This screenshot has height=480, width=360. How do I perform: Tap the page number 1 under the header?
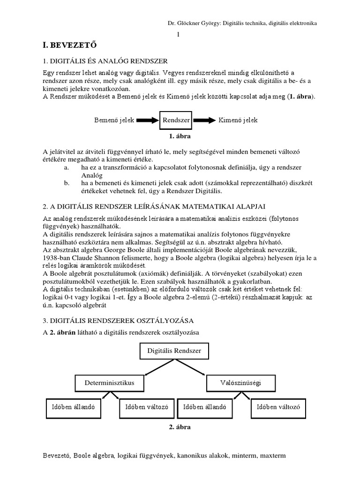pyautogui.click(x=178, y=35)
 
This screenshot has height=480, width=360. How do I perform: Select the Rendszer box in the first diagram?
pyautogui.click(x=176, y=120)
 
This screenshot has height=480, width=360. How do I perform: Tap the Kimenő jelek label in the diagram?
pyautogui.click(x=238, y=120)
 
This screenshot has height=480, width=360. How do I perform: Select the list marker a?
pyautogui.click(x=67, y=168)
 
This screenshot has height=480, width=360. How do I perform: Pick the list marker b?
pyautogui.click(x=67, y=183)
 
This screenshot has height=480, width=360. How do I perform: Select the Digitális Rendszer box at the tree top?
pyautogui.click(x=174, y=351)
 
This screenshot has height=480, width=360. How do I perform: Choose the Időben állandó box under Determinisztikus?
pyautogui.click(x=73, y=407)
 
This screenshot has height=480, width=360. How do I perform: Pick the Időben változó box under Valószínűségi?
pyautogui.click(x=278, y=407)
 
